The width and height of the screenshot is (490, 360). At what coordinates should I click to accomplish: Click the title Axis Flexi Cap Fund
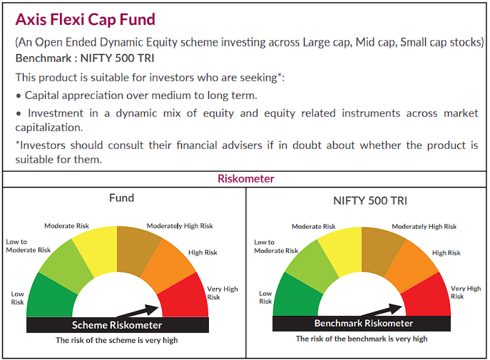[86, 19]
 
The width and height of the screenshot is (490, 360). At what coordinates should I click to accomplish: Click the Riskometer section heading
[245, 179]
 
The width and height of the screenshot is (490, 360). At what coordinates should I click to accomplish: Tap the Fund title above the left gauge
[121, 197]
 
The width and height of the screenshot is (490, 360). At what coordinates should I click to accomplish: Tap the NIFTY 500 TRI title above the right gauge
[366, 200]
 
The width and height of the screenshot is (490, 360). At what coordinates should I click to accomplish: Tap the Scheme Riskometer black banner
[117, 325]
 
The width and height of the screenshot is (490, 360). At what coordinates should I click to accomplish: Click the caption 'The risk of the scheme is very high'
[117, 340]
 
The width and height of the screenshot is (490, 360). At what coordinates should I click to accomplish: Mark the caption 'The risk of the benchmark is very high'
[362, 339]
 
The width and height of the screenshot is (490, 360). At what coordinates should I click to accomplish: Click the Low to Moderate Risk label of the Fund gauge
[29, 246]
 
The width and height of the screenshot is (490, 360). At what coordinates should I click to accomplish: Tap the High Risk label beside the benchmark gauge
[446, 252]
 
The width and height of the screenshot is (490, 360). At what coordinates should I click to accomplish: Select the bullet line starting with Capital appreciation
[136, 95]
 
